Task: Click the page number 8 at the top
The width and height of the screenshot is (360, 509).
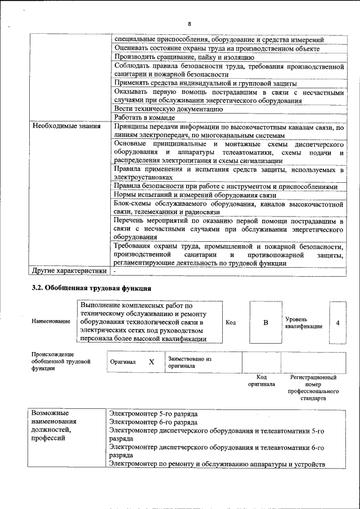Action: (190, 23)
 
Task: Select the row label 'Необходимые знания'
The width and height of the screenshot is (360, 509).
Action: (62, 126)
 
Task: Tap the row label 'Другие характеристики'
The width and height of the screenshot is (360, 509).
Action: (69, 271)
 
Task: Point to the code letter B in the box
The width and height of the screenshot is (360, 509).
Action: (265, 322)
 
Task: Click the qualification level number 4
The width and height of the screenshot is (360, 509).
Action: (337, 322)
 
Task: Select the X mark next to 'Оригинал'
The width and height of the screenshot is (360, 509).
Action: (151, 362)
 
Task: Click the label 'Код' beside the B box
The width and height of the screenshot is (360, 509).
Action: (231, 322)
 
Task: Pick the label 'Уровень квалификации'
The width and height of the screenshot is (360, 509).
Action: (304, 322)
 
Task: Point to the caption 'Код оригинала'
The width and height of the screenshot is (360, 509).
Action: (262, 381)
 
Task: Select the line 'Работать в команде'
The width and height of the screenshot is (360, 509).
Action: (145, 118)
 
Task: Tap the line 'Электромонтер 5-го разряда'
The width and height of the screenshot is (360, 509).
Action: (154, 413)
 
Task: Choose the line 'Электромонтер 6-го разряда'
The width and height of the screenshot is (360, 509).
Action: (154, 422)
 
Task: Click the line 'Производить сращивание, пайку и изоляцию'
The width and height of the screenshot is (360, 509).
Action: (184, 57)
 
